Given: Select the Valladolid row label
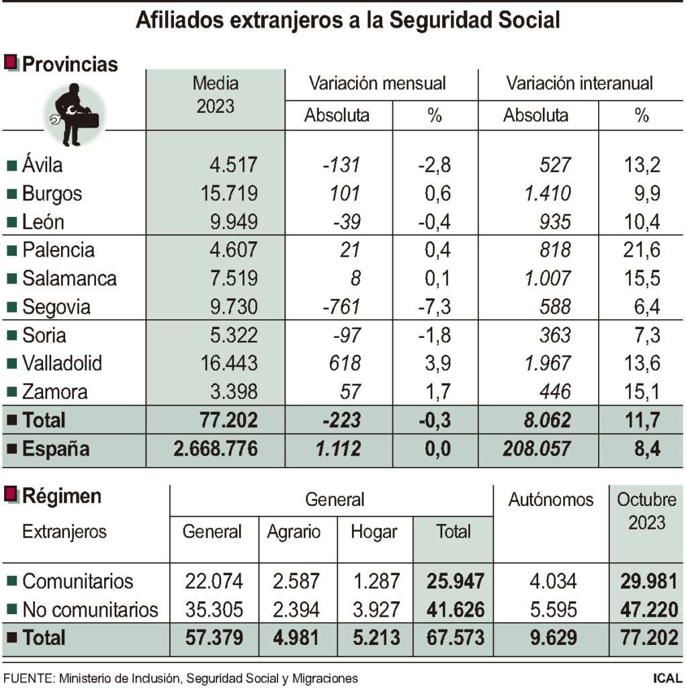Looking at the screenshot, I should click(x=62, y=363).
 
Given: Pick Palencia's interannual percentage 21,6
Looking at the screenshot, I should click(x=641, y=251).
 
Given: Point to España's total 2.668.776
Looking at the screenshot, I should click(x=215, y=449).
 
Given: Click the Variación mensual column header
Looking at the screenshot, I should click(x=377, y=83).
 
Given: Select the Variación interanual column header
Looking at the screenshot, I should click(x=579, y=83).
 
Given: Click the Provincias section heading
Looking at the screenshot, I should click(x=70, y=64).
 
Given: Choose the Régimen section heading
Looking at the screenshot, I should click(x=62, y=497).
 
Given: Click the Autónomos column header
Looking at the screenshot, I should click(x=551, y=500).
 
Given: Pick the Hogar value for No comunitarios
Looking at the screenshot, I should click(x=375, y=609).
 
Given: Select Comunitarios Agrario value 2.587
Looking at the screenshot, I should click(x=293, y=581).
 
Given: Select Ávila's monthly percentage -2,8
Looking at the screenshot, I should click(x=434, y=165).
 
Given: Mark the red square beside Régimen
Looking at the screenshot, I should click(x=11, y=496).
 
